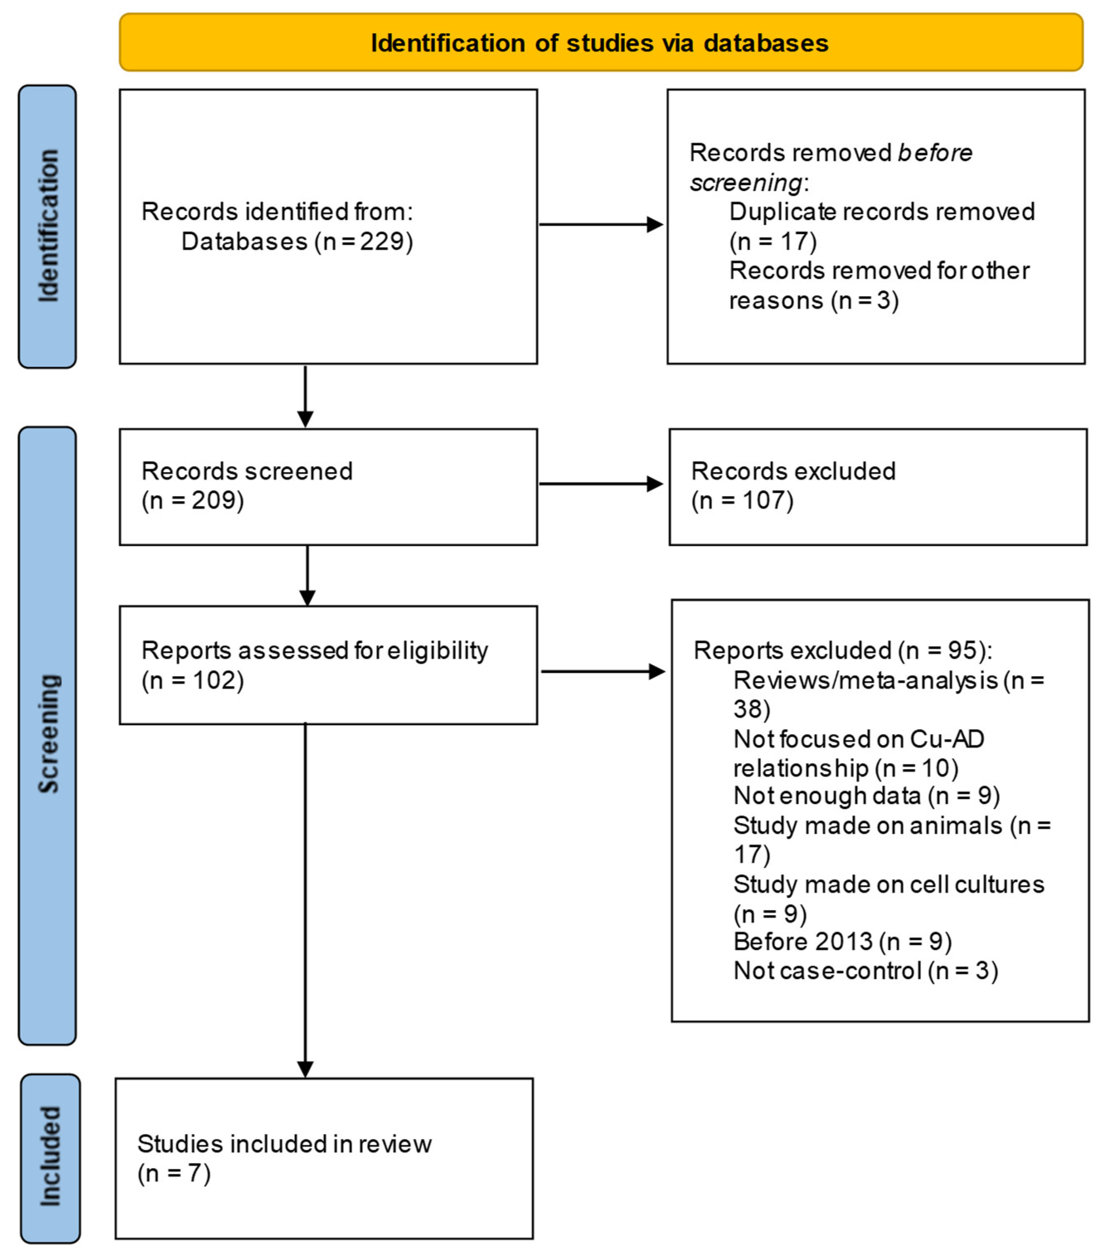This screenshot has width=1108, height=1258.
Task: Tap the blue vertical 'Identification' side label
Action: (47, 226)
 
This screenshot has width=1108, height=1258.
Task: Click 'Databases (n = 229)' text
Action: (296, 241)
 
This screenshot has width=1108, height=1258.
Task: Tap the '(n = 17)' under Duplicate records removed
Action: (773, 241)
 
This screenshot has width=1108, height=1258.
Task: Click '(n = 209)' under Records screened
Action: (193, 500)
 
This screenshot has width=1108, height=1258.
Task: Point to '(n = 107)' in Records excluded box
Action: (742, 500)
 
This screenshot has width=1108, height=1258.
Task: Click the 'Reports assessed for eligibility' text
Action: (314, 650)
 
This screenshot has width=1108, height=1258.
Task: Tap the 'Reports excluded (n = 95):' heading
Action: (842, 650)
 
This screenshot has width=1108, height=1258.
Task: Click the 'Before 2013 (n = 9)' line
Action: (842, 942)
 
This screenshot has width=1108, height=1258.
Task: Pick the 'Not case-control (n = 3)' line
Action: (865, 971)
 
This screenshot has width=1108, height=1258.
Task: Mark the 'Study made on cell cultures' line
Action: (888, 884)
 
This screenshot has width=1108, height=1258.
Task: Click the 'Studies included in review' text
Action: (284, 1144)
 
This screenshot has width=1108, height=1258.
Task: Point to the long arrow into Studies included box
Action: (305, 898)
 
